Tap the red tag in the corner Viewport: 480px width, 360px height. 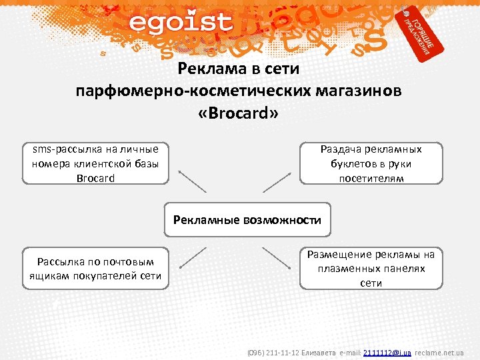(x=419, y=33)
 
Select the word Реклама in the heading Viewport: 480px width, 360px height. (x=207, y=69)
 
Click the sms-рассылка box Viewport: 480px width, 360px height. (x=95, y=163)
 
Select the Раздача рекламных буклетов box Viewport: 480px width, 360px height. (x=371, y=163)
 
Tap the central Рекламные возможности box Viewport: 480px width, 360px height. (x=247, y=220)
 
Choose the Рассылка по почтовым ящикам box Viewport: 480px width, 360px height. (x=95, y=269)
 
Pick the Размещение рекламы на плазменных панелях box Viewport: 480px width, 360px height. (x=371, y=269)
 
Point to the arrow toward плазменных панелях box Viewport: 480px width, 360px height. (x=277, y=257)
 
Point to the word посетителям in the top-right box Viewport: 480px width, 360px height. (x=371, y=178)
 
